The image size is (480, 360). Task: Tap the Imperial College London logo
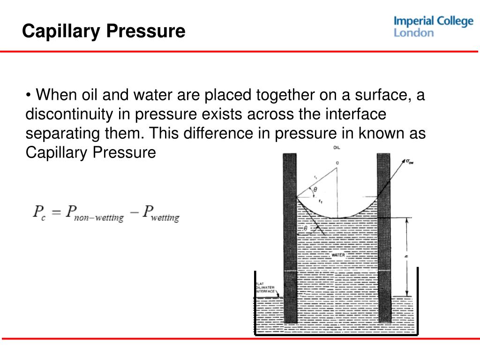pos(433,27)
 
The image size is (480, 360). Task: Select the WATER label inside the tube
pos(338,255)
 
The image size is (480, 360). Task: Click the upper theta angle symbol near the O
pos(315,190)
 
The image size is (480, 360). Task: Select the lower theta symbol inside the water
pos(306,228)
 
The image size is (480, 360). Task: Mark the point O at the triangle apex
pos(337,164)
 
